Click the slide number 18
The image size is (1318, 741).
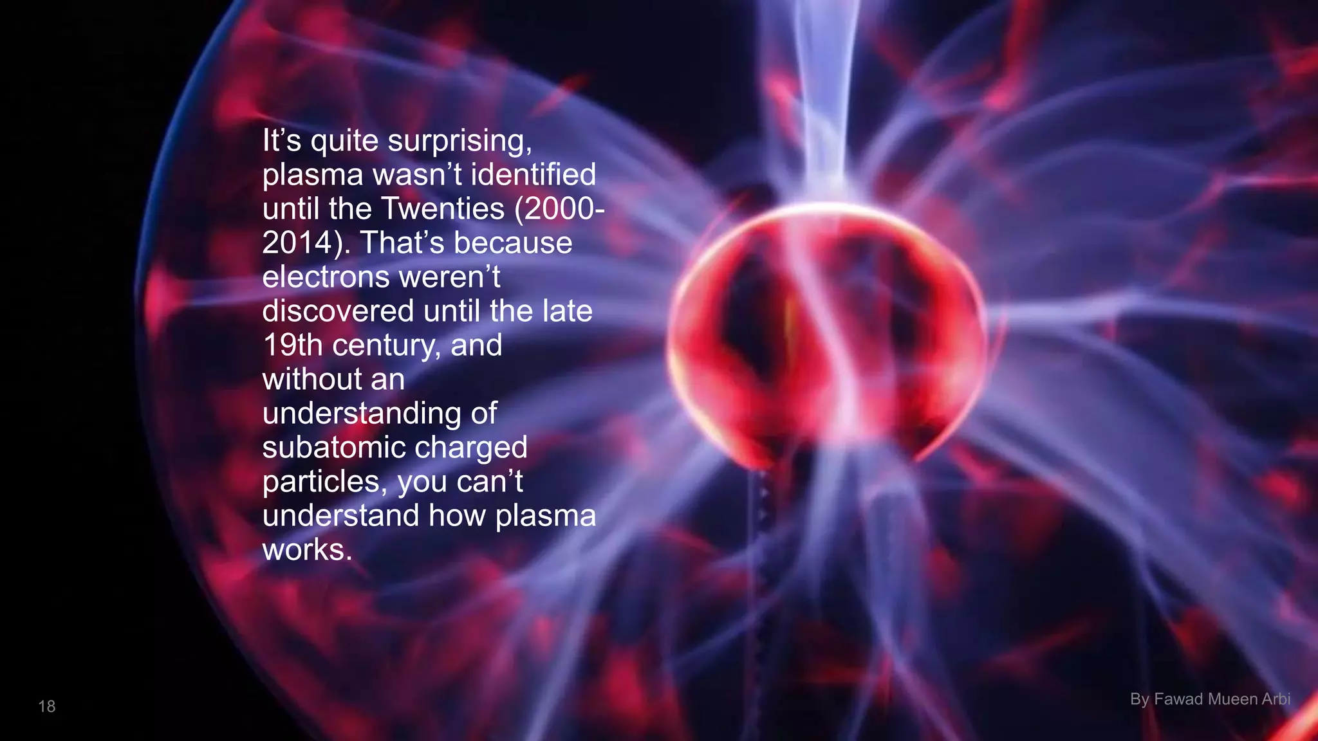[47, 706]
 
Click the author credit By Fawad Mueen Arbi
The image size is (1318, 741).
[1210, 699]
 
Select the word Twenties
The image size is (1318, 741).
[443, 209]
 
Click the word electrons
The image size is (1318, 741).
[326, 277]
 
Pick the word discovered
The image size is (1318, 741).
[338, 311]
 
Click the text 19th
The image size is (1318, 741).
[292, 345]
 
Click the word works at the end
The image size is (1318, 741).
[306, 550]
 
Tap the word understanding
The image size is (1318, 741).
[362, 414]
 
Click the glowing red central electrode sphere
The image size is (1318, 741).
[827, 328]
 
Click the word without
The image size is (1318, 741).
[311, 380]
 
